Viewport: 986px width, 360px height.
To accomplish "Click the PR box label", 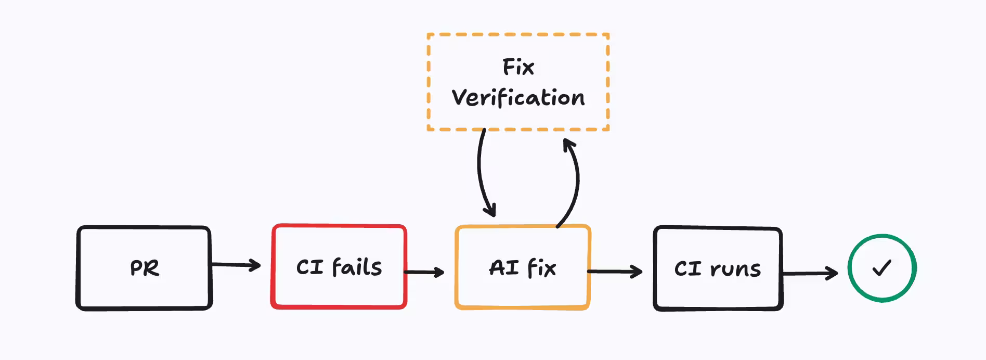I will pos(145,268).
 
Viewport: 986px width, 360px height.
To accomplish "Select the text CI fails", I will pos(339,267).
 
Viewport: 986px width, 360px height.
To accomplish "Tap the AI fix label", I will pos(523,268).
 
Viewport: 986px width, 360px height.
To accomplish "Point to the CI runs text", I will pos(718,269).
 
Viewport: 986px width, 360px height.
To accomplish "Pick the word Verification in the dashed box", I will pos(518,98).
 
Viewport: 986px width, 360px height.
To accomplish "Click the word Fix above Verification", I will pos(518,67).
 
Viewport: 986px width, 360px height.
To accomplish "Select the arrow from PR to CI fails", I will pos(236,265).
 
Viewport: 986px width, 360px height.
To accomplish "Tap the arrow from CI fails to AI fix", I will pos(424,272).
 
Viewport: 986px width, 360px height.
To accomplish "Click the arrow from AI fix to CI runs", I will pos(615,271).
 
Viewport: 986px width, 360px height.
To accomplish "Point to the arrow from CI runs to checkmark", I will pos(810,273).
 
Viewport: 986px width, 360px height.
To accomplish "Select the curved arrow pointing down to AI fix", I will pos(481,172).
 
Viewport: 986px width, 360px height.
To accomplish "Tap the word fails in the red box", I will pos(357,267).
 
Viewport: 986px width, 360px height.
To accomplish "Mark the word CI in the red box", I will pos(310,267).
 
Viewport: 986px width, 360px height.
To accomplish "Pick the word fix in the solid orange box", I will pos(541,268).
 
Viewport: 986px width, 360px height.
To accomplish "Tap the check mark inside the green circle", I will pos(882,268).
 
